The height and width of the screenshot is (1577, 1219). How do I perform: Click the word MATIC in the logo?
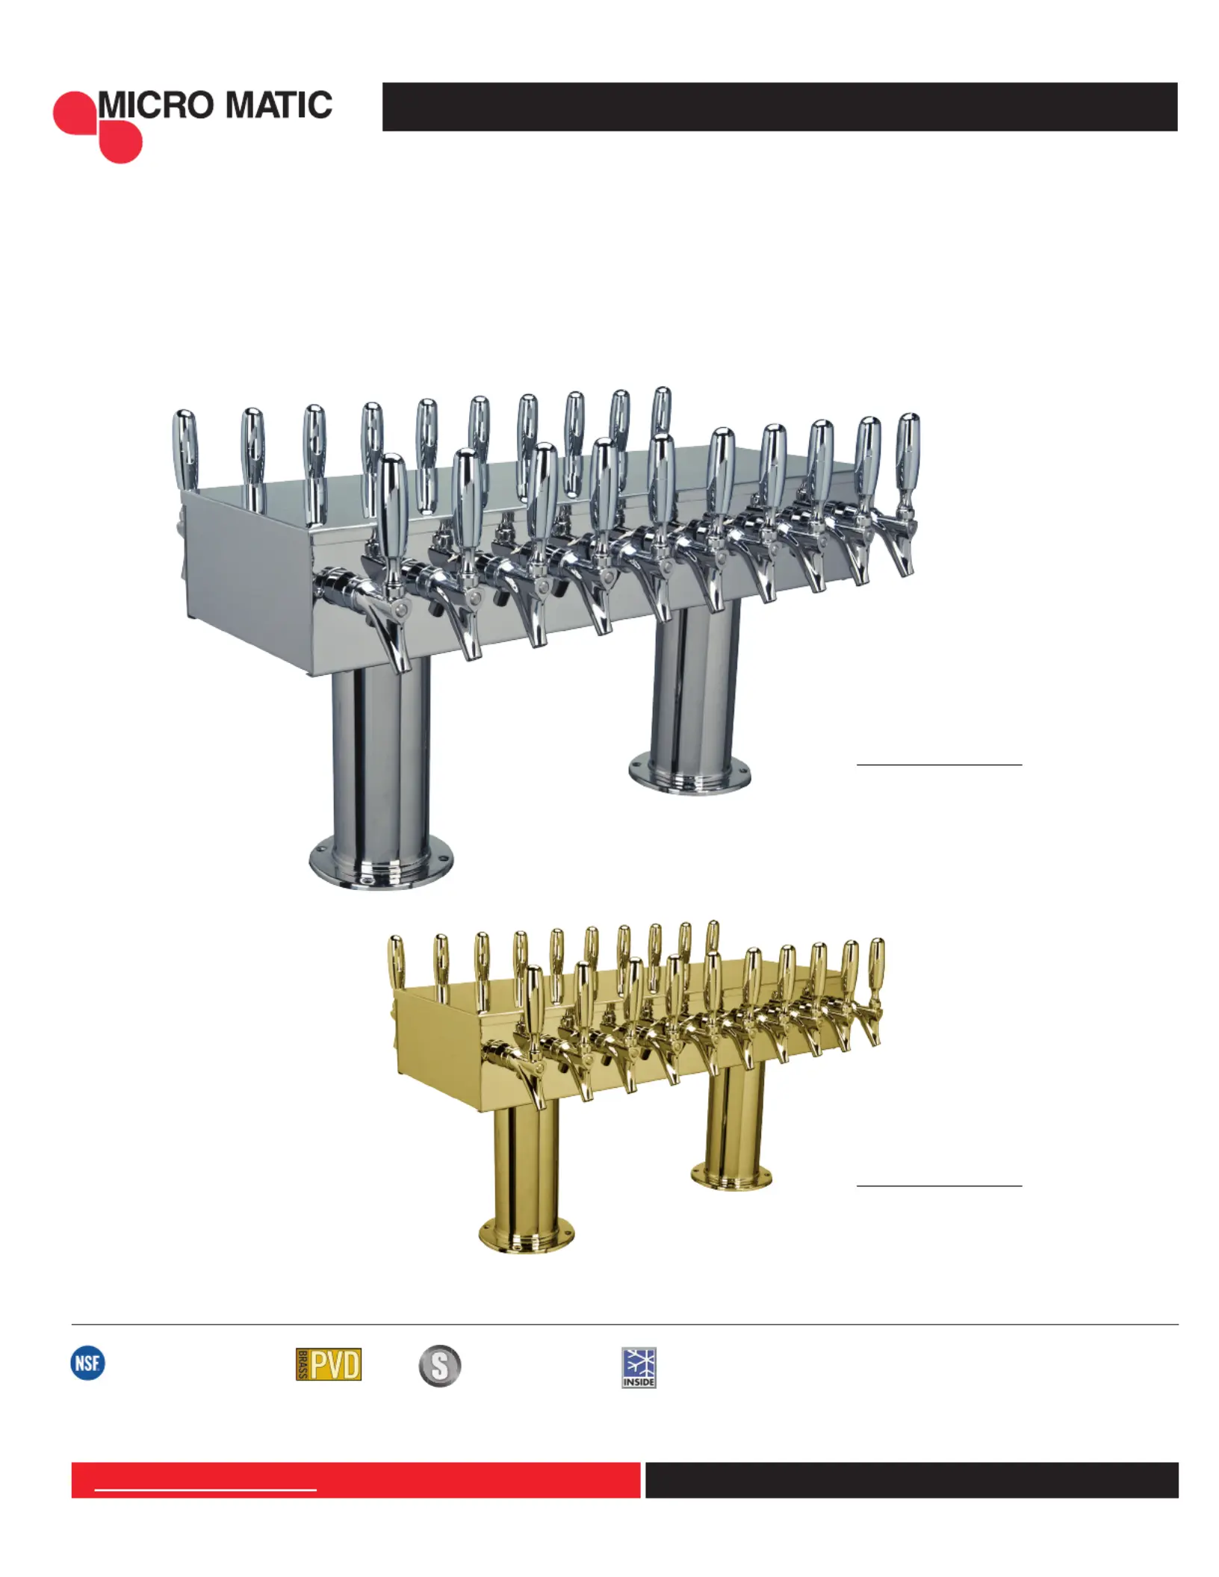(x=279, y=105)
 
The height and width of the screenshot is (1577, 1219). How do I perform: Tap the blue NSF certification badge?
(x=87, y=1363)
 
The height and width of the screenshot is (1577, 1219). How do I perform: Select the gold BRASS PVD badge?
(x=329, y=1364)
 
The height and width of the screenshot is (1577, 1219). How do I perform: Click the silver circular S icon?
(x=440, y=1366)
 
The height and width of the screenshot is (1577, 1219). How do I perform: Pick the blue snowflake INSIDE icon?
(x=639, y=1367)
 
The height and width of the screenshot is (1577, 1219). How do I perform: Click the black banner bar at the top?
(x=780, y=107)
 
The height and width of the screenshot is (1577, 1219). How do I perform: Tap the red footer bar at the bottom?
(x=356, y=1480)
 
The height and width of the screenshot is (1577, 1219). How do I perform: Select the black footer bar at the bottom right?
(x=912, y=1480)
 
